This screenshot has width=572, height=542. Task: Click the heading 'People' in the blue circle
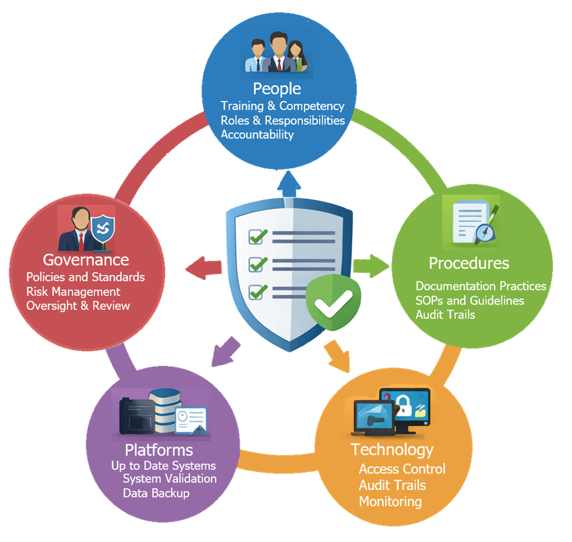(x=276, y=88)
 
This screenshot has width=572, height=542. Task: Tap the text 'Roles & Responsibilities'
(x=282, y=120)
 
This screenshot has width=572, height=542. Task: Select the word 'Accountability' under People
(x=257, y=134)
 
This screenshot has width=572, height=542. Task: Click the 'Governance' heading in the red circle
(x=86, y=260)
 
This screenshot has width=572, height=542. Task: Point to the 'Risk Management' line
(x=73, y=292)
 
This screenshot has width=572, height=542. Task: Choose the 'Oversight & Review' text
(x=78, y=306)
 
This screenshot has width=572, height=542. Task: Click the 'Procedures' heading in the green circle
(x=468, y=263)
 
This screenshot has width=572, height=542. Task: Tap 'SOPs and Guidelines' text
(x=470, y=300)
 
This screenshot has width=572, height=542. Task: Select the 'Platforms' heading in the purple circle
(x=158, y=451)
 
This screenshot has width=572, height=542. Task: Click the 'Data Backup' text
(x=156, y=493)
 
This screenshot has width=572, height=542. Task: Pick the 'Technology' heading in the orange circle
(x=392, y=450)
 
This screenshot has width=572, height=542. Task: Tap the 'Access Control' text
(x=402, y=469)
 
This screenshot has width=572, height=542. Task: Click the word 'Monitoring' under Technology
(x=390, y=501)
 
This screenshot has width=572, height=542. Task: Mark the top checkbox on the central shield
(x=258, y=236)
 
